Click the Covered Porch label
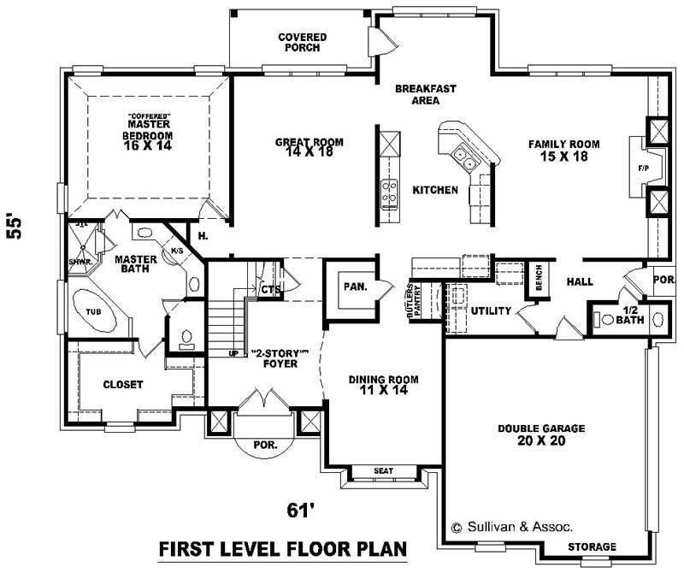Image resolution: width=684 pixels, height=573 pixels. tap(298, 42)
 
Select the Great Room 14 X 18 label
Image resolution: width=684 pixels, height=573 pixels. tap(309, 148)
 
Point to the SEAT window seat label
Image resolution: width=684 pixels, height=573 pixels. tap(383, 471)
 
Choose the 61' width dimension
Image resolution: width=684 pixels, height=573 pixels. tap(297, 511)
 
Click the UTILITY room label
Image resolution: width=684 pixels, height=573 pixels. tap(491, 310)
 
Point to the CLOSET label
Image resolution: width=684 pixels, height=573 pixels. tap(122, 385)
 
